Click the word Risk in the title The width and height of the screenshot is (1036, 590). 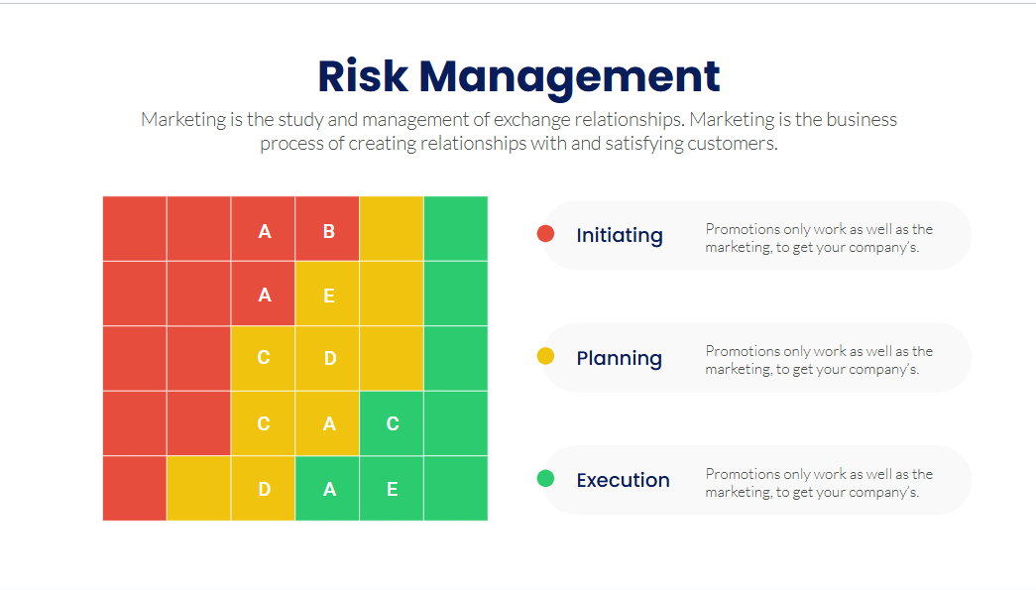[363, 76]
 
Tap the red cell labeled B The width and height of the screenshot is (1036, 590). [327, 229]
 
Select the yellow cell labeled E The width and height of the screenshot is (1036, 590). [327, 294]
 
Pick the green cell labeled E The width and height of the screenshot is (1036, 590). [392, 488]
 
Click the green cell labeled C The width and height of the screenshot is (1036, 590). [392, 423]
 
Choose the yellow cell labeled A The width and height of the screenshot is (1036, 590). [327, 423]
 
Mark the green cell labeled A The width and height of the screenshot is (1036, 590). [327, 488]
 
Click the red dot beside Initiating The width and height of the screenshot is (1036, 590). [545, 233]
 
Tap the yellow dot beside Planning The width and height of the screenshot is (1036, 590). [545, 356]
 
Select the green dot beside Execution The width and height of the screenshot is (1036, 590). [545, 478]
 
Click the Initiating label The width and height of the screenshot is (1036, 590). [619, 236]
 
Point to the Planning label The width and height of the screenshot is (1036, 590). [619, 359]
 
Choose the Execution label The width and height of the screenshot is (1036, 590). [623, 480]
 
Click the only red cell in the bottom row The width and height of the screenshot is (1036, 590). [134, 488]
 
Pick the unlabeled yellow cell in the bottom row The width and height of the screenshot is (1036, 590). [199, 488]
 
